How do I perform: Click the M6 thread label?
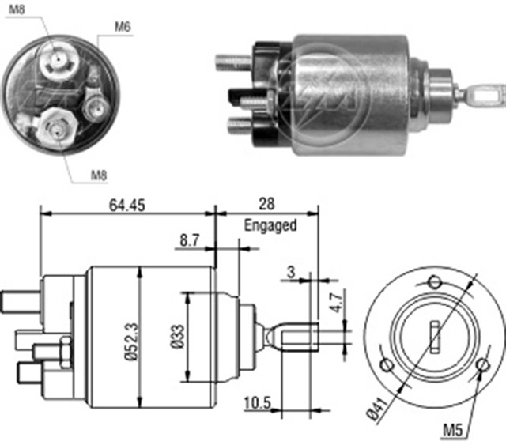click(x=122, y=27)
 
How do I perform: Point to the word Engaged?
click(x=270, y=225)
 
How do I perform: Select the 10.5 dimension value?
click(x=258, y=404)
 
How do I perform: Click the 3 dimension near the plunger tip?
click(x=290, y=273)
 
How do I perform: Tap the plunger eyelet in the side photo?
click(x=479, y=96)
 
